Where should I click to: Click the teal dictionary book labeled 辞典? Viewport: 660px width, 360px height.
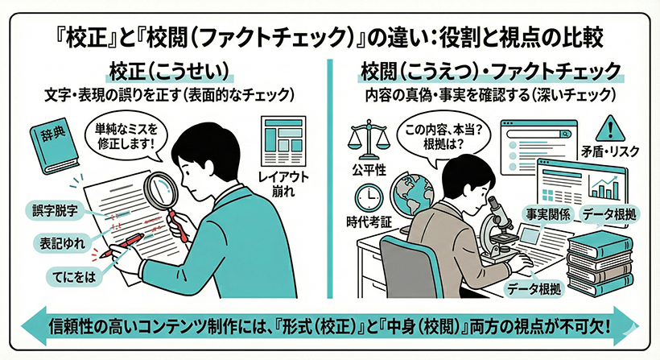click(54, 145)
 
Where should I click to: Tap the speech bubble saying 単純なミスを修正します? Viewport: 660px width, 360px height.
click(126, 137)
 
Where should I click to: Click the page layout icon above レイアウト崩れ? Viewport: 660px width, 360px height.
click(283, 141)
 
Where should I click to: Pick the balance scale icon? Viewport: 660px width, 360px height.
click(368, 139)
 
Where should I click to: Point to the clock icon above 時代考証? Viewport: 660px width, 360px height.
click(369, 197)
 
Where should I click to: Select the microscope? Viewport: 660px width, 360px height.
click(497, 230)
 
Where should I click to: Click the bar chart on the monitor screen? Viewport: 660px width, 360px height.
click(604, 188)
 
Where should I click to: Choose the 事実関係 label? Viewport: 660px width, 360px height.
click(547, 215)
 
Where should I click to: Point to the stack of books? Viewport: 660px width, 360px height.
click(600, 264)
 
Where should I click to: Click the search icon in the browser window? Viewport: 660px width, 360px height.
click(565, 134)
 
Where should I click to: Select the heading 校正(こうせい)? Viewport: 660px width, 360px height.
click(169, 72)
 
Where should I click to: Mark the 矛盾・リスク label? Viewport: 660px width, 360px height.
click(610, 151)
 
